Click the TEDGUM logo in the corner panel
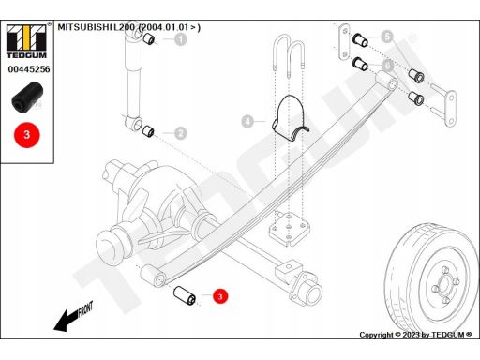pyautogui.click(x=26, y=41)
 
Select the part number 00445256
pyautogui.click(x=29, y=69)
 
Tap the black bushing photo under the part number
pyautogui.click(x=27, y=97)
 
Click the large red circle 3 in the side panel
pyautogui.click(x=27, y=135)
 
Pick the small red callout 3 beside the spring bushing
pyautogui.click(x=220, y=296)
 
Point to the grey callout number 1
pyautogui.click(x=181, y=39)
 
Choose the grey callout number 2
pyautogui.click(x=180, y=133)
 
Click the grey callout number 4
pyautogui.click(x=247, y=121)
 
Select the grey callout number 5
pyautogui.click(x=387, y=37)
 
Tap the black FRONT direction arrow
pyautogui.click(x=74, y=316)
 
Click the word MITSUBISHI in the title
pyautogui.click(x=84, y=27)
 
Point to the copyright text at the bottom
pyautogui.click(x=415, y=335)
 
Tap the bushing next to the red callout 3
pyautogui.click(x=185, y=295)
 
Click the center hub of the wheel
pyautogui.click(x=443, y=284)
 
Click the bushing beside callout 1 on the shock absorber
pyautogui.click(x=149, y=38)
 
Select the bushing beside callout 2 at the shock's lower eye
pyautogui.click(x=148, y=131)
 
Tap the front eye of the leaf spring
pyautogui.click(x=154, y=276)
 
